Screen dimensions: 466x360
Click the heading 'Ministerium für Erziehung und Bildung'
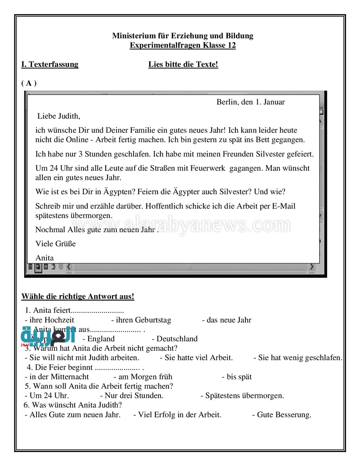[x=183, y=36]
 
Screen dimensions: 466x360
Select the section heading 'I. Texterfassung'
[x=50, y=64]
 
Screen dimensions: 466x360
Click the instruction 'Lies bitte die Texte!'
[x=183, y=64]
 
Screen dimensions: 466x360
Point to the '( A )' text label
[x=29, y=83]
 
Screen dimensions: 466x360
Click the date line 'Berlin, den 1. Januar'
[x=250, y=102]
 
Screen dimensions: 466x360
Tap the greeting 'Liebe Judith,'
[x=59, y=116]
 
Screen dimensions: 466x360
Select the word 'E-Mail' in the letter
[x=283, y=206]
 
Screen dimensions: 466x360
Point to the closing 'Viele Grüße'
[x=56, y=244]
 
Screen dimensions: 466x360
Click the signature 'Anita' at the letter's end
[x=45, y=258]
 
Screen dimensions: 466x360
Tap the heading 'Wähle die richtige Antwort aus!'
[x=78, y=297]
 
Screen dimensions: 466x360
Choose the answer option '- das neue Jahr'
[x=226, y=320]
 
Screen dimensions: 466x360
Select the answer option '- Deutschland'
[x=174, y=339]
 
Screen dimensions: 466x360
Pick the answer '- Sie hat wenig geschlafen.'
[x=298, y=358]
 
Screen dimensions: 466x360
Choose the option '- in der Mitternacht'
[x=57, y=377]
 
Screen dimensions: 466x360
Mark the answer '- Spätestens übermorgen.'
[x=242, y=396]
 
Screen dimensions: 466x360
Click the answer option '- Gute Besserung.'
[x=282, y=415]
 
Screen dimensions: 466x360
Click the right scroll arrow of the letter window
[x=311, y=267]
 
